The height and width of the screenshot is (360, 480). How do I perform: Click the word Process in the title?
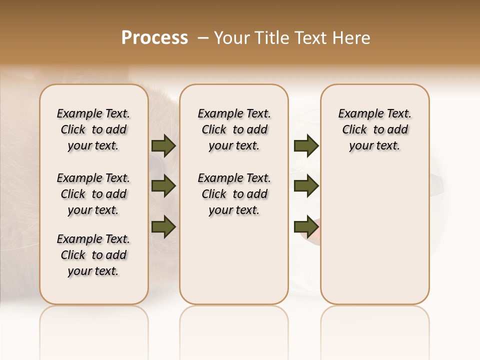[154, 38]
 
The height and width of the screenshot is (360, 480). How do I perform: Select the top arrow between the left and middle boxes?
[163, 146]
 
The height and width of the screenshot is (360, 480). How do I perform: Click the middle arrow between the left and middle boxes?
[163, 186]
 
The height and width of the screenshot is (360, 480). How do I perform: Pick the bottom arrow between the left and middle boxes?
[163, 226]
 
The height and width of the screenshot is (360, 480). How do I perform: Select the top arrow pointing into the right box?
[306, 146]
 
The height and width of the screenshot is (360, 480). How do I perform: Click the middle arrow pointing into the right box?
[306, 186]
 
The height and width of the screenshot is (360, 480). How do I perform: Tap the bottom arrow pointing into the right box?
[306, 226]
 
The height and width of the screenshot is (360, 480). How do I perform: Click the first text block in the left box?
[93, 129]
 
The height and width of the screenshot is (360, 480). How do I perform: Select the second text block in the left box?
[93, 194]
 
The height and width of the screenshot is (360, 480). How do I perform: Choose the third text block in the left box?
[93, 255]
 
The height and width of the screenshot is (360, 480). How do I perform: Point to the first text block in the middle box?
[234, 129]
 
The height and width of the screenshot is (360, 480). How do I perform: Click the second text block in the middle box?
[234, 194]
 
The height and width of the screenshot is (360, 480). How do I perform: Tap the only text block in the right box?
[375, 129]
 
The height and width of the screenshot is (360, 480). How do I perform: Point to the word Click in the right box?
[354, 130]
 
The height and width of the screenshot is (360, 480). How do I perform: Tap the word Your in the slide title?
[232, 38]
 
